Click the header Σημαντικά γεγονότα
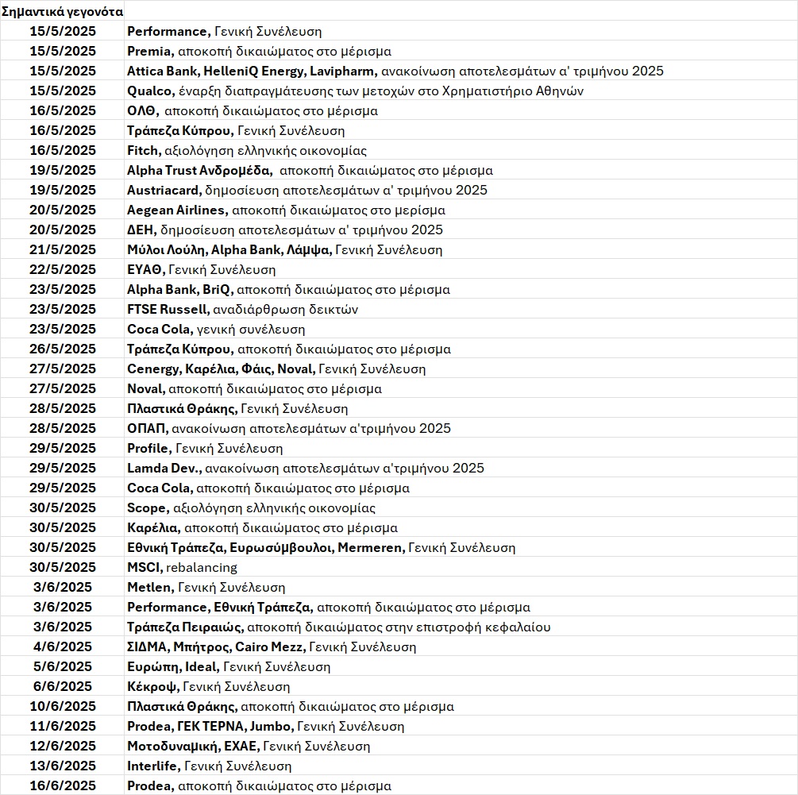(x=62, y=12)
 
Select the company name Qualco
(x=149, y=91)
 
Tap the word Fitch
(x=142, y=151)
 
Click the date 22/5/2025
(x=62, y=270)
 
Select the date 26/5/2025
(x=62, y=349)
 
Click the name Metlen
(x=149, y=588)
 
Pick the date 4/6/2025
(x=62, y=647)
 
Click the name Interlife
(x=154, y=766)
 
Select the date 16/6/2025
(x=62, y=786)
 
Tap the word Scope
(x=146, y=508)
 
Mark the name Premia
(x=149, y=52)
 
